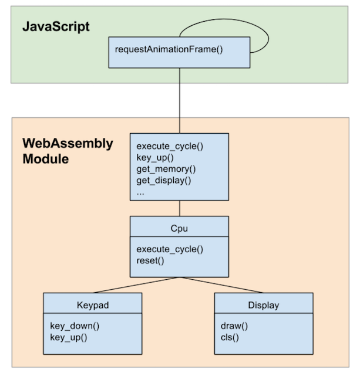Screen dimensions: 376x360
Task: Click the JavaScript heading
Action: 57,26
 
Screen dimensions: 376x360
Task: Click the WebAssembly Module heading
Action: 68,151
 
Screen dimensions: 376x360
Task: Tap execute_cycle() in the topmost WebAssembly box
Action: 170,147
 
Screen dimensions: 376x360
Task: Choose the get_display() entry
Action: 164,180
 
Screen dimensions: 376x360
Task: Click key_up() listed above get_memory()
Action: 156,158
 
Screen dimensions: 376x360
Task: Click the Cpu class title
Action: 179,227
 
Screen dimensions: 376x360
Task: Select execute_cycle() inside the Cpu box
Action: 170,249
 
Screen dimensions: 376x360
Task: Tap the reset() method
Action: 150,260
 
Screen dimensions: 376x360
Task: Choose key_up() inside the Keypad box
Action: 69,337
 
